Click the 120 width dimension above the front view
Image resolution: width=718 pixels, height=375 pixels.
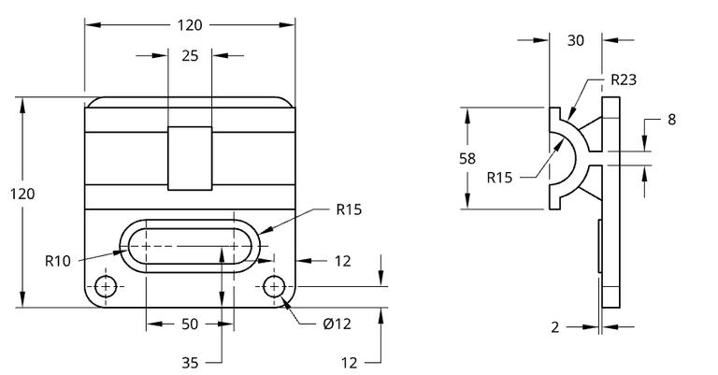(190, 24)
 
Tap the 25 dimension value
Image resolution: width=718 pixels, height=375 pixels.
(190, 56)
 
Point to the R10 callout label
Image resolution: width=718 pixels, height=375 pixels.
(58, 261)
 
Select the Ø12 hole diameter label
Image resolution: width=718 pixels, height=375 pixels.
(337, 325)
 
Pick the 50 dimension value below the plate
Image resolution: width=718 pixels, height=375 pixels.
(190, 325)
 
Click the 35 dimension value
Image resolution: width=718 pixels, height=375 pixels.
(190, 362)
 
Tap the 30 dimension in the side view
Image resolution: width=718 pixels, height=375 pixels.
(576, 40)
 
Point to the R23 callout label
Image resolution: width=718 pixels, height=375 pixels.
(623, 80)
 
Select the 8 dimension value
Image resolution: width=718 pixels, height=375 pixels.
(671, 120)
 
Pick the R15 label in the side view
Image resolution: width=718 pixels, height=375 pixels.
(500, 176)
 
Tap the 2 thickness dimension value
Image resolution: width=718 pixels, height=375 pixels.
(554, 326)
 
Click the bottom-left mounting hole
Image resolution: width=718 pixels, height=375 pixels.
(107, 286)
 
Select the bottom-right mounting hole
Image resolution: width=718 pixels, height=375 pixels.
(273, 286)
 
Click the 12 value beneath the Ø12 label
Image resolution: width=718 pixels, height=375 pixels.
(349, 362)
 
